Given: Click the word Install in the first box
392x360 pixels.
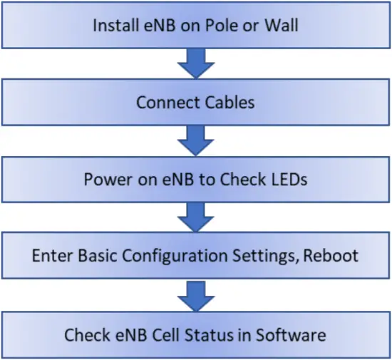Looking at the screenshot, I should point(114,26).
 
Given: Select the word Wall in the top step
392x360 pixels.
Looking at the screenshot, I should point(280,26).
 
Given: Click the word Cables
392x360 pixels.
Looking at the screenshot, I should point(225,103).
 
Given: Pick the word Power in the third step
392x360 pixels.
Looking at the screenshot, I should point(105,179).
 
